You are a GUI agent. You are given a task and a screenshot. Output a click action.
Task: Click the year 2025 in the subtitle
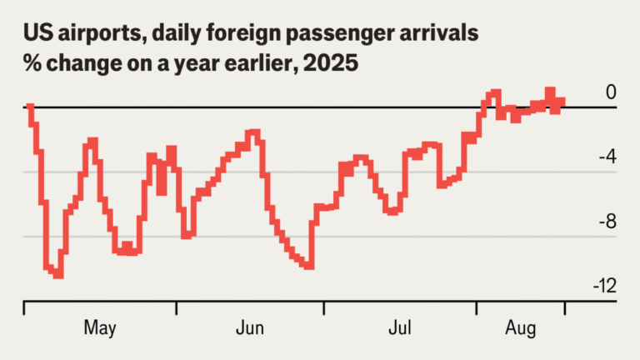coord(337,64)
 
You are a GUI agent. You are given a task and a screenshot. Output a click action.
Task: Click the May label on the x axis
coord(100,327)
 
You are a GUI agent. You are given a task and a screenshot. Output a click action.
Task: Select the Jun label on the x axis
coord(250,327)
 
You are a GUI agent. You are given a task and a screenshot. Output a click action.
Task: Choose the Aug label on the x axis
coord(522,327)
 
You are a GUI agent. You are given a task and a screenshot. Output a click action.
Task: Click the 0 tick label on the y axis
coord(611,92)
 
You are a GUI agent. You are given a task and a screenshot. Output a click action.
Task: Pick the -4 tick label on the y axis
coord(607,157)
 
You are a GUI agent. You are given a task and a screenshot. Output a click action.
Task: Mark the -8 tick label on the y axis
coord(607,222)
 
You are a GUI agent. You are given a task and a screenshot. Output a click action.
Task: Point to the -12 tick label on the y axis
coord(604,286)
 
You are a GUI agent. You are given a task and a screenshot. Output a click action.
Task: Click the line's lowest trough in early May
coord(57,275)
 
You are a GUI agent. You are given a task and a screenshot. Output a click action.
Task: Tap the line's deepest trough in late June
coord(309,267)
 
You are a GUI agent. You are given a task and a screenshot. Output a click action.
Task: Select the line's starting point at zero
coord(29,107)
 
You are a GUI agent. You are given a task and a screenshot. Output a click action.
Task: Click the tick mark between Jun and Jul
coord(323,308)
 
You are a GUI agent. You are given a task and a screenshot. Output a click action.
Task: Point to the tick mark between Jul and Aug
coord(477,308)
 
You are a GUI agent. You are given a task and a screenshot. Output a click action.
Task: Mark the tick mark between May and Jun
coord(177,308)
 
